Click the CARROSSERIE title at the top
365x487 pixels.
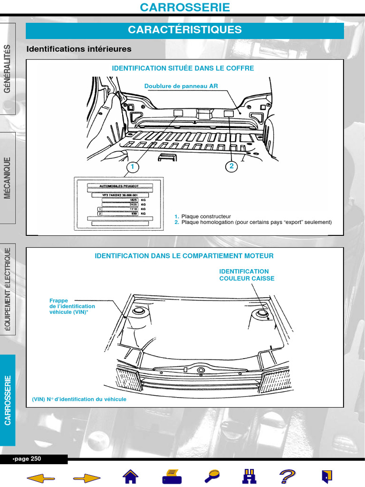[x=185, y=7]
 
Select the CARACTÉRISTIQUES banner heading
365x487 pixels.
[x=185, y=30]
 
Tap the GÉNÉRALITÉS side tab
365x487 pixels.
[x=8, y=69]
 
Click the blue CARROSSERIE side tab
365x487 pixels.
[x=8, y=399]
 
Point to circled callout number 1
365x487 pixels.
[x=133, y=167]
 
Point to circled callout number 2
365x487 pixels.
[x=231, y=166]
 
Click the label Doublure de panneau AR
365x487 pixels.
[x=181, y=86]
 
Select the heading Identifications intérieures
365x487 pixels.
[x=79, y=49]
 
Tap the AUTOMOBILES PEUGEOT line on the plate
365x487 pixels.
[x=120, y=185]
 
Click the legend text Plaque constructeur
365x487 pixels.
[x=206, y=216]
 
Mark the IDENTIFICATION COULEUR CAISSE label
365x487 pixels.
[x=246, y=275]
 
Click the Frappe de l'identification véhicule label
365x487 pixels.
[x=72, y=306]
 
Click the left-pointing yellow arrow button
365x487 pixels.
[x=41, y=477]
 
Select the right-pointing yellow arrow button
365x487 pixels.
[x=86, y=477]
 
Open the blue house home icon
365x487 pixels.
[x=131, y=476]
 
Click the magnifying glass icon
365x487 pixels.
[x=211, y=476]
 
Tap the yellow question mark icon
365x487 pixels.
[x=287, y=476]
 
